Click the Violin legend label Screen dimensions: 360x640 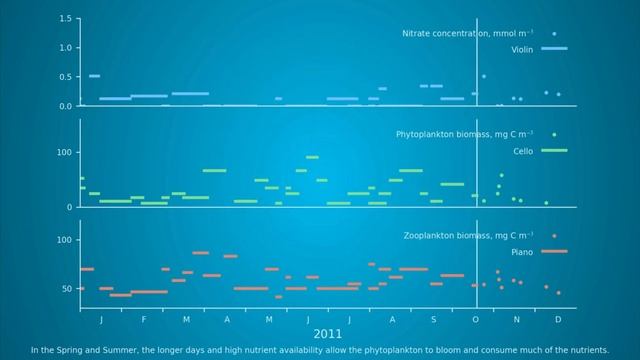click(521, 48)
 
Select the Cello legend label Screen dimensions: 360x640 click(523, 151)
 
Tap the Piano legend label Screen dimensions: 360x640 click(523, 252)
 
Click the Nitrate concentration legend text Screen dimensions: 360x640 click(467, 33)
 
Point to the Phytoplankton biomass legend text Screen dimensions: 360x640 click(465, 134)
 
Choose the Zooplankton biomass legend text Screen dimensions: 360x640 click(468, 236)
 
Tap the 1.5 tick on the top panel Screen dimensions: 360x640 click(65, 19)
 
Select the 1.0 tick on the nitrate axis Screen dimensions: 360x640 click(65, 48)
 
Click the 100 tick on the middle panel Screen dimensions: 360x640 click(63, 152)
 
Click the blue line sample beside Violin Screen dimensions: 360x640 click(553, 48)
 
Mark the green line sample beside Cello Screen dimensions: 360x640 click(553, 150)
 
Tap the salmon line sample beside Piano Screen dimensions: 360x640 click(553, 251)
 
